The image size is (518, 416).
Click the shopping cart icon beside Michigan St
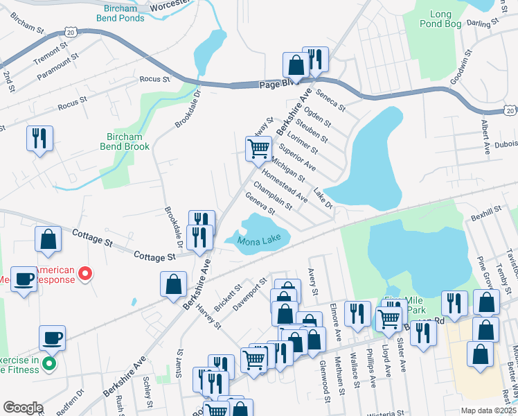pyautogui.click(x=258, y=147)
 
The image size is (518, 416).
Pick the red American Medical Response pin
pyautogui.click(x=85, y=275)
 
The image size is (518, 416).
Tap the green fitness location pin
pyautogui.click(x=48, y=363)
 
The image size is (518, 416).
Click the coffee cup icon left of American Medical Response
pyautogui.click(x=24, y=279)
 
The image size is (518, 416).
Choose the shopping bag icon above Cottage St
pyautogui.click(x=48, y=239)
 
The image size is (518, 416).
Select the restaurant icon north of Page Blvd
pyautogui.click(x=316, y=60)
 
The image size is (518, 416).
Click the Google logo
pyautogui.click(x=22, y=408)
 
